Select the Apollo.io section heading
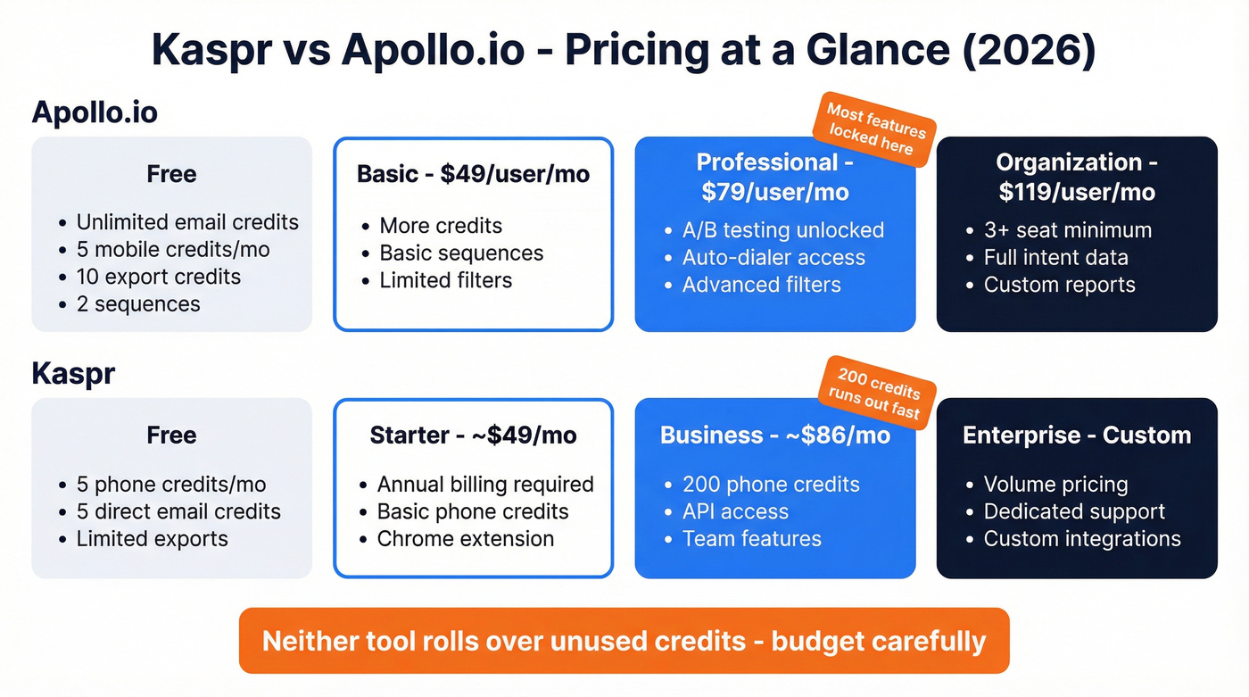pyautogui.click(x=95, y=112)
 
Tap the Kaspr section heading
pyautogui.click(x=73, y=373)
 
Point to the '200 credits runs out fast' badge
pyautogui.click(x=877, y=389)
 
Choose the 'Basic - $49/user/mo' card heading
pyautogui.click(x=473, y=174)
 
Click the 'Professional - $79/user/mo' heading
pyautogui.click(x=774, y=177)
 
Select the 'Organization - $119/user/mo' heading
pyautogui.click(x=1077, y=177)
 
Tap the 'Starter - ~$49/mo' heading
pyautogui.click(x=473, y=436)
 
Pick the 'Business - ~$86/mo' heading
pyautogui.click(x=774, y=436)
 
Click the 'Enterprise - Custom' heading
pyautogui.click(x=1077, y=436)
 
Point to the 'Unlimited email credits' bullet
pyautogui.click(x=187, y=222)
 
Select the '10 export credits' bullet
pyautogui.click(x=158, y=277)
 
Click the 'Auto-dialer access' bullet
pyautogui.click(x=773, y=258)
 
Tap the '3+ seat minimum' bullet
pyautogui.click(x=1067, y=230)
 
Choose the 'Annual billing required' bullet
pyautogui.click(x=485, y=485)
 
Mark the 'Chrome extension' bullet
pyautogui.click(x=465, y=539)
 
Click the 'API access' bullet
pyautogui.click(x=735, y=511)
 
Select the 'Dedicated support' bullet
pyautogui.click(x=1074, y=511)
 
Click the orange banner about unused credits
pyautogui.click(x=624, y=641)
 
